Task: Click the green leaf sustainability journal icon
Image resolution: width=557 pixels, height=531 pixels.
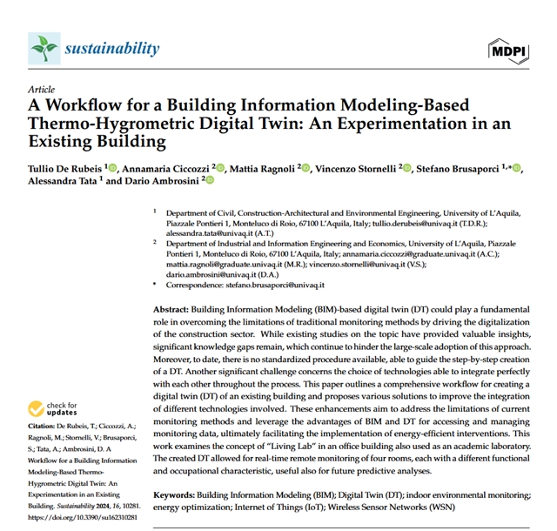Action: (44, 47)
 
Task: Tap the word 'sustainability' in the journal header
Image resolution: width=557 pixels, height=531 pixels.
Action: (112, 48)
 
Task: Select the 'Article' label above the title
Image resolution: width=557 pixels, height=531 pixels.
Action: (41, 90)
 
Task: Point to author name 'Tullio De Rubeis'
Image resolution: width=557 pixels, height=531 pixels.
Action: (65, 168)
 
